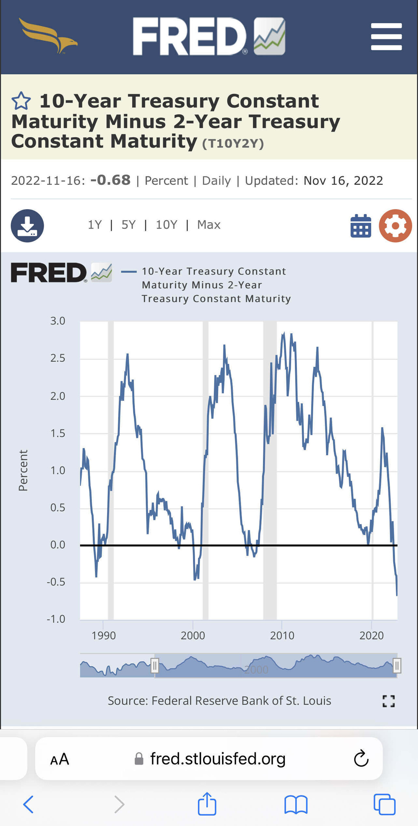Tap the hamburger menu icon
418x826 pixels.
(x=386, y=36)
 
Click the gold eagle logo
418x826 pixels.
(x=48, y=36)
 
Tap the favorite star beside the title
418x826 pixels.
(x=21, y=101)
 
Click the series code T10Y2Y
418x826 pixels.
(x=233, y=143)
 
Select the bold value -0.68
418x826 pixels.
(x=110, y=180)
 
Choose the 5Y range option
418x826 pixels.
(x=128, y=225)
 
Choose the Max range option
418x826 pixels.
(x=209, y=225)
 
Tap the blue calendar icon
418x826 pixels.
(x=361, y=226)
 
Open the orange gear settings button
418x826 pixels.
(x=395, y=226)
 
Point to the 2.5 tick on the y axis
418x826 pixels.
(x=58, y=358)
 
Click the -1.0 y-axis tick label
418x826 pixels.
(x=56, y=619)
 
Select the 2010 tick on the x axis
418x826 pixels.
(x=282, y=635)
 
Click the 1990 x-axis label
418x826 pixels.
(x=104, y=635)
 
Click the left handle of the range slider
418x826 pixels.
(x=155, y=666)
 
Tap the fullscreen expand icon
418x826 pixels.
(x=388, y=701)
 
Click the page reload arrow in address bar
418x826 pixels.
(x=361, y=758)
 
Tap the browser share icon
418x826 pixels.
(x=207, y=803)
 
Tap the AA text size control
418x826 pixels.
(x=59, y=759)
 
